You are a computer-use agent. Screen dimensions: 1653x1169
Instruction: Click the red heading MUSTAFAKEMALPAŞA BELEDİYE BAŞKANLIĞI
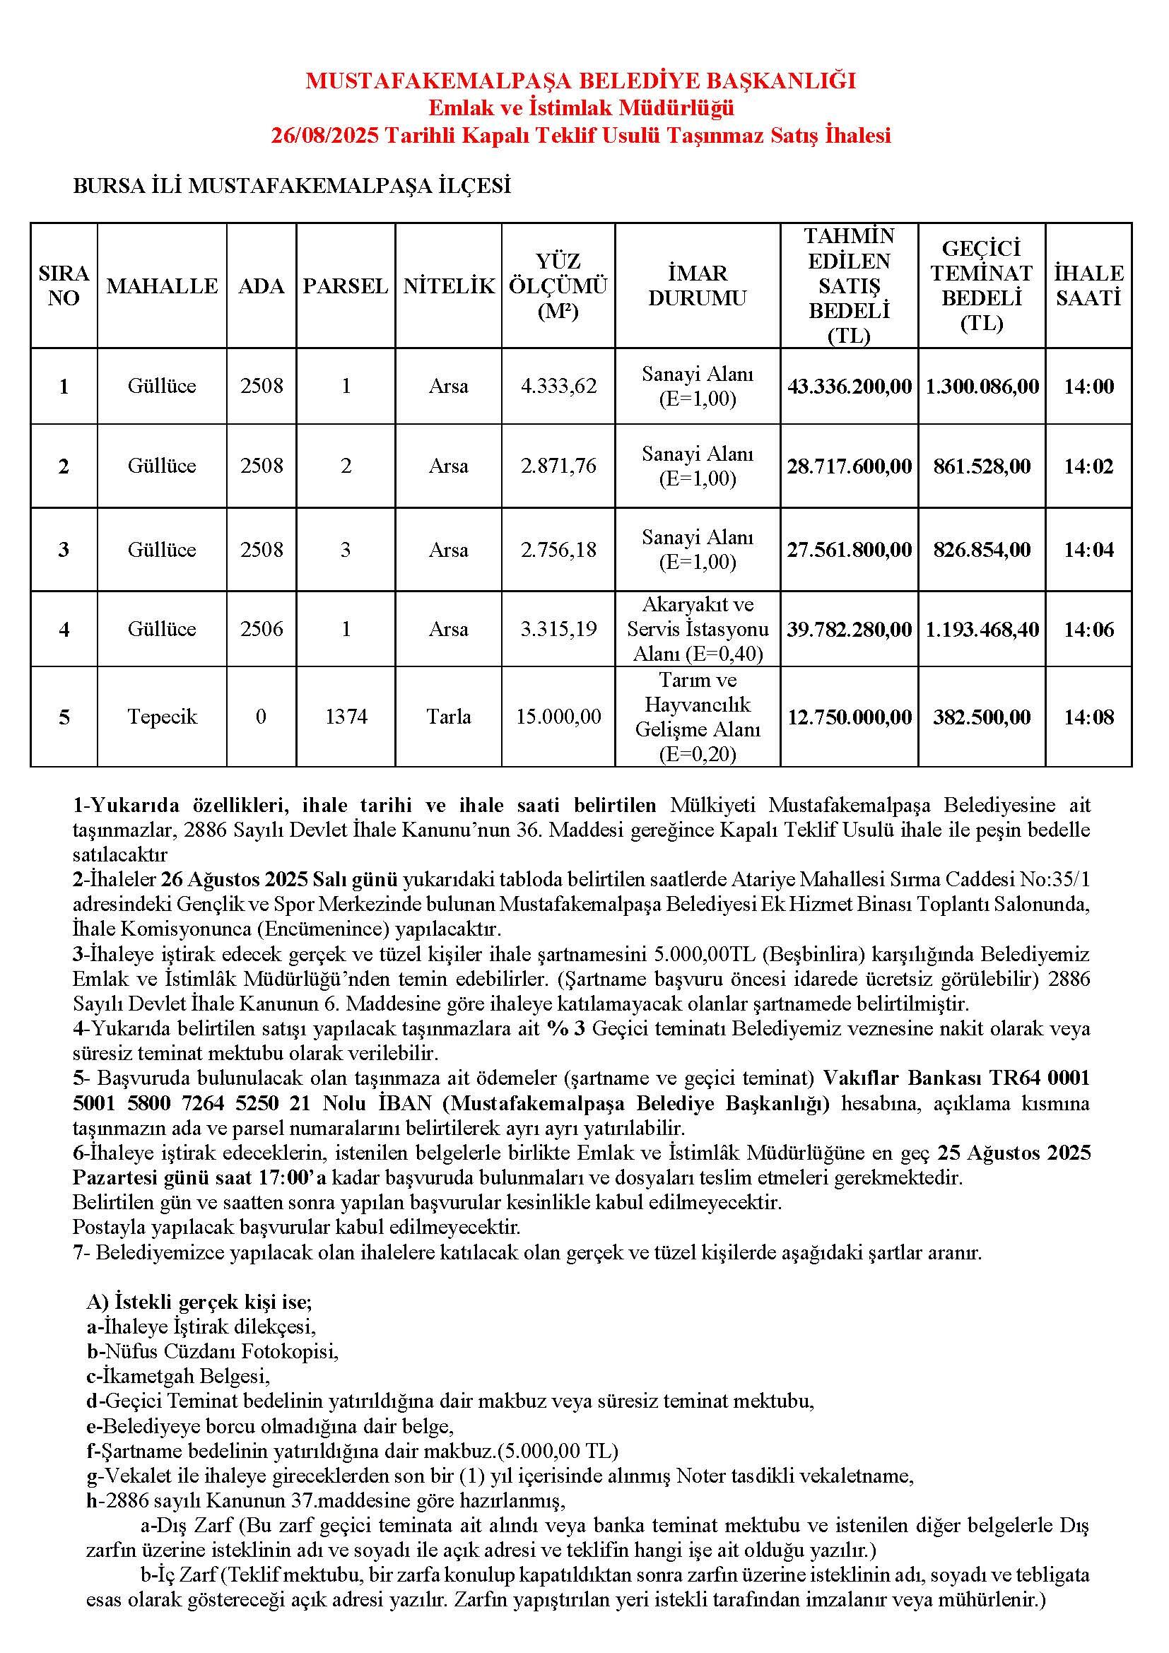tap(581, 80)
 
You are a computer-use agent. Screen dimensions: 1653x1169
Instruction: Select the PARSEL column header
tap(346, 286)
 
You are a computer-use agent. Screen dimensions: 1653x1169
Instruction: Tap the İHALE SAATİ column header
tap(1088, 286)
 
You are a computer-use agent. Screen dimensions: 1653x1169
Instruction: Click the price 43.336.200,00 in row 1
tap(850, 387)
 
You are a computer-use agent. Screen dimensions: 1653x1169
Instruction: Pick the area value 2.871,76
tap(558, 466)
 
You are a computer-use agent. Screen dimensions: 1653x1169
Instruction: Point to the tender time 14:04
tap(1088, 550)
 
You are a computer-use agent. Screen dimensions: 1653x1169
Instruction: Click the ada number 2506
tap(262, 629)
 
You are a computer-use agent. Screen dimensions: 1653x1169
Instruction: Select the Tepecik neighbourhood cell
tap(162, 717)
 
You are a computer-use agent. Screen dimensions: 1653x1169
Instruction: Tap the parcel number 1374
tap(346, 717)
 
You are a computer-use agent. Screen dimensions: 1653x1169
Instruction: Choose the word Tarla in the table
tap(449, 717)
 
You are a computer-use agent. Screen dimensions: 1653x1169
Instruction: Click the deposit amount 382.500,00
tap(981, 717)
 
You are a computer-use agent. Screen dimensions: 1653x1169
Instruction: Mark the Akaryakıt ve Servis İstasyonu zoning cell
tap(698, 629)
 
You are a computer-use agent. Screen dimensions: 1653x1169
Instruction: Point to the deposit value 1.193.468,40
tap(981, 630)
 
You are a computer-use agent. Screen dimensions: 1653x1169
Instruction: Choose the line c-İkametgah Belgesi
tap(178, 1376)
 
